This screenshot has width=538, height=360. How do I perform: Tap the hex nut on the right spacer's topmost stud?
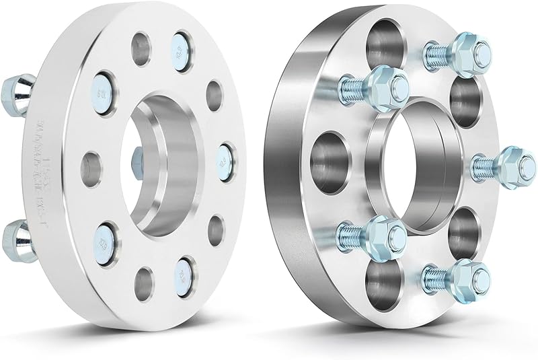(463, 48)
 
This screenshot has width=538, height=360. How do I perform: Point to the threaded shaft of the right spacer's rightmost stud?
(484, 162)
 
